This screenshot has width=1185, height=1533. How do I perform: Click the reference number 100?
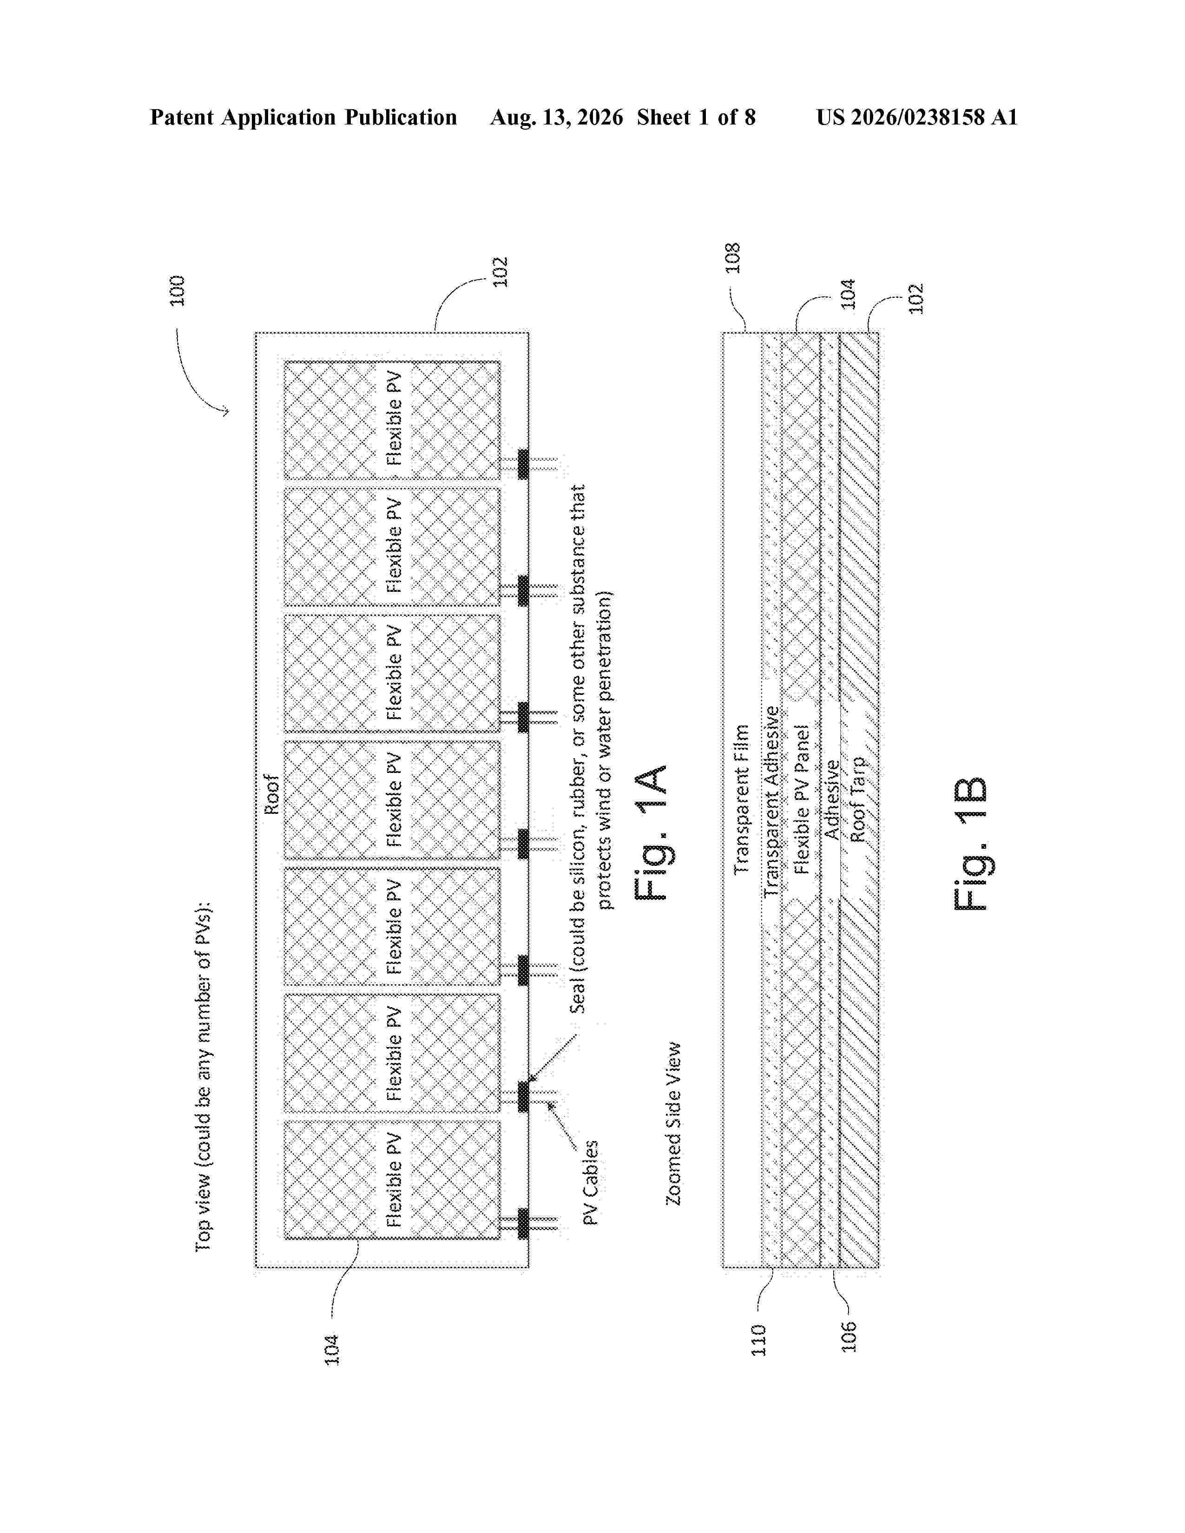coord(177,290)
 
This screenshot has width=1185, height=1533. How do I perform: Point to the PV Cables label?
coord(592,1183)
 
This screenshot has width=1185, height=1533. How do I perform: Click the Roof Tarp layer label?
coord(857,799)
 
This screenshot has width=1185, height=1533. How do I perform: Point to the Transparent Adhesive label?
coord(771,801)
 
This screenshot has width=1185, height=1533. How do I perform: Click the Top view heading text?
coord(203,1077)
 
